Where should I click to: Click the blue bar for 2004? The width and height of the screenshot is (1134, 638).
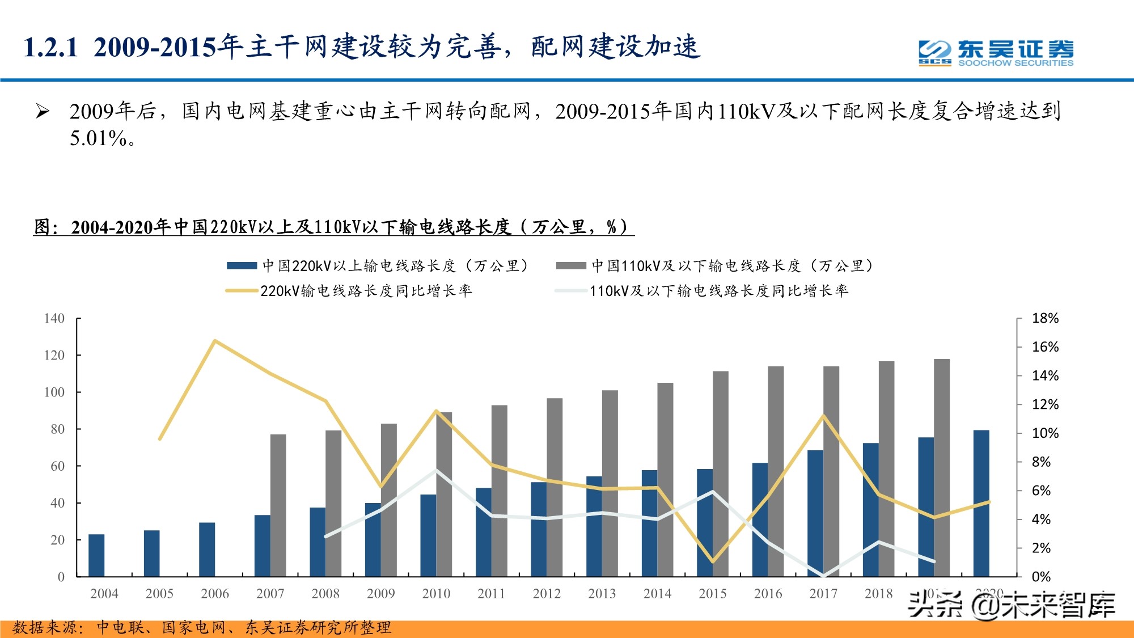coord(96,555)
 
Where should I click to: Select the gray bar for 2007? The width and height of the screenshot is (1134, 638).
coord(278,505)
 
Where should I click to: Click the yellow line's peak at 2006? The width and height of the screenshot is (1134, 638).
coord(215,341)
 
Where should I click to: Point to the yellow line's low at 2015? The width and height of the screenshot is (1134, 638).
coord(713,561)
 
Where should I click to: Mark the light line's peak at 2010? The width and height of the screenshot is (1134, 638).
coord(436,470)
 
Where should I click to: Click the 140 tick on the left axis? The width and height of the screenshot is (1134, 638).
coord(54,318)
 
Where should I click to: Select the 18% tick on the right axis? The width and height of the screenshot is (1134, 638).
coord(1045,318)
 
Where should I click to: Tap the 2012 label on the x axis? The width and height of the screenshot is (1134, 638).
coord(546,594)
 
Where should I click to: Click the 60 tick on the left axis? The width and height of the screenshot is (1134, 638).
coord(57,466)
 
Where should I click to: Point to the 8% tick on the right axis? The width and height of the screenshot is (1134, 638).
coord(1041,462)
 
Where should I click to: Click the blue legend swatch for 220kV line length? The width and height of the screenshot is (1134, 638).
coord(242,265)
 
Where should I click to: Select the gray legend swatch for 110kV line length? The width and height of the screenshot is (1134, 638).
coord(570,265)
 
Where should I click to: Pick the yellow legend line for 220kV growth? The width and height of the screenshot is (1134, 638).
coord(242,291)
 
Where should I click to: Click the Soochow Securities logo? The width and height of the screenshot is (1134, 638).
coord(996,53)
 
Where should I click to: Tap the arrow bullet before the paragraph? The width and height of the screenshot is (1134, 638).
coord(43,111)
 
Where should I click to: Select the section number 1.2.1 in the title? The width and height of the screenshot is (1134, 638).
coord(51,47)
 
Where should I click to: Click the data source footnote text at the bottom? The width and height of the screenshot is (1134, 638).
coord(201,627)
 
